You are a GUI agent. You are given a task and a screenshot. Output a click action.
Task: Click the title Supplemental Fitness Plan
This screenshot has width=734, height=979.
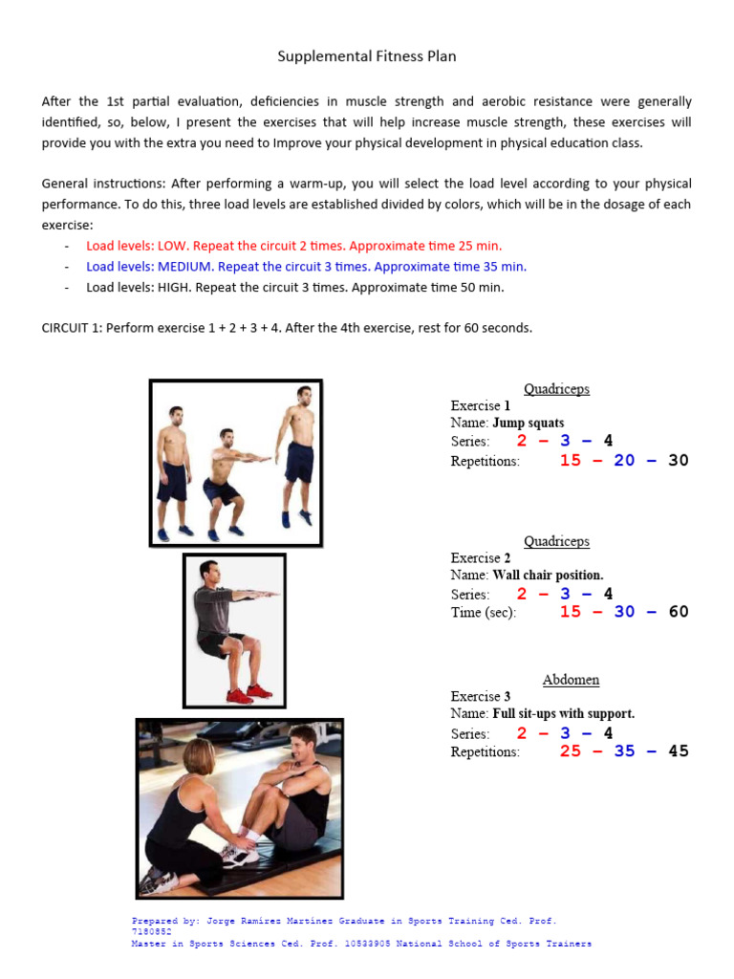pyautogui.click(x=367, y=56)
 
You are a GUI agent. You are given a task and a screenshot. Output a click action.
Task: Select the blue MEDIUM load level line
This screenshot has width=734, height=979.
pyautogui.click(x=306, y=267)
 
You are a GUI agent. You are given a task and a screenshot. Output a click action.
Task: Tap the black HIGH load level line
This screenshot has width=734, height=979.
pyautogui.click(x=294, y=287)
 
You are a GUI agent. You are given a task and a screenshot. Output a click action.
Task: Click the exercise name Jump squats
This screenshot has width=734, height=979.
pyautogui.click(x=528, y=423)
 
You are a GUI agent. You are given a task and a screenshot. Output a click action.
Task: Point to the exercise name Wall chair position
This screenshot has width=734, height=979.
pyautogui.click(x=548, y=576)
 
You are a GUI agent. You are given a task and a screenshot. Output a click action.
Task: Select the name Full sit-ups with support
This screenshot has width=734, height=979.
pyautogui.click(x=563, y=714)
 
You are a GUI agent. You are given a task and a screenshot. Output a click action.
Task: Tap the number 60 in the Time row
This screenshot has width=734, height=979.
pyautogui.click(x=679, y=612)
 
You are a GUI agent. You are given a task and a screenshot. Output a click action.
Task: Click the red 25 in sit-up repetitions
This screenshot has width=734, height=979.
pyautogui.click(x=571, y=751)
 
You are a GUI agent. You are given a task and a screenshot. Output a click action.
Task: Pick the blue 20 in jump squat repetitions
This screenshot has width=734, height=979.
pyautogui.click(x=624, y=461)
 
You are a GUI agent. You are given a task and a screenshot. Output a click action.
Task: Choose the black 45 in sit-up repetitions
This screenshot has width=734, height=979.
pyautogui.click(x=679, y=751)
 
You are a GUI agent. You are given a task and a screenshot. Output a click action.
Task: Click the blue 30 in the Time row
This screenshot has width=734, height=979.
pyautogui.click(x=624, y=612)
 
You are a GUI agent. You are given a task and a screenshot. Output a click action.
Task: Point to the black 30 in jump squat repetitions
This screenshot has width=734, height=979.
pyautogui.click(x=679, y=461)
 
